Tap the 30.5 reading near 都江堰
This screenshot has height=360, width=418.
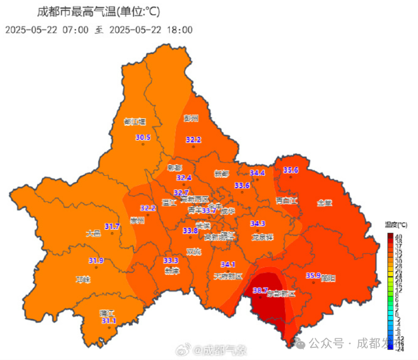tap(143, 138)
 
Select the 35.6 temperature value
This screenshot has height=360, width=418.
tap(291, 170)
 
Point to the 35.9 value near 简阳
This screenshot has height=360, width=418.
tap(313, 275)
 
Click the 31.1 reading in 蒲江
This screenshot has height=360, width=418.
tap(109, 320)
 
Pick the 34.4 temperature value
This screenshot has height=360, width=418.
tap(257, 173)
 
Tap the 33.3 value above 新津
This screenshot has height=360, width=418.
tap(171, 260)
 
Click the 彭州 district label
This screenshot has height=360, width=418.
tap(191, 118)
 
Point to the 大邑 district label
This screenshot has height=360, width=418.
tap(93, 233)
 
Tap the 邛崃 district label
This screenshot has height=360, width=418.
tap(83, 279)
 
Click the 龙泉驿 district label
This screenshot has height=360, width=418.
tap(262, 237)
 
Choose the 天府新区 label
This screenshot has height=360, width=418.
tap(228, 276)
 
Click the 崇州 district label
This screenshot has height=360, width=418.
tap(137, 221)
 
